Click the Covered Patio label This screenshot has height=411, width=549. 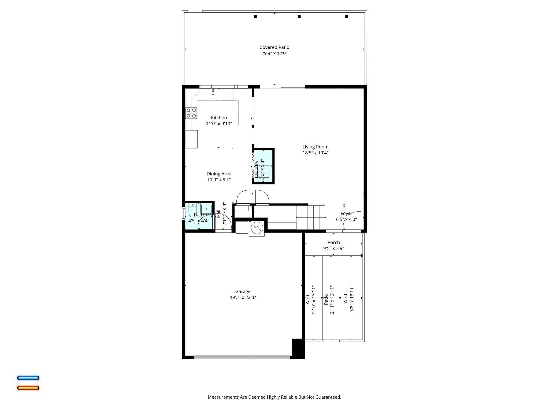click(x=274, y=47)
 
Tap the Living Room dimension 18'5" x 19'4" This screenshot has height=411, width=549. click(x=315, y=153)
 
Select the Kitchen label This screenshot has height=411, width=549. click(x=219, y=118)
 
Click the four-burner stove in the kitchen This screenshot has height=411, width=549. click(x=191, y=113)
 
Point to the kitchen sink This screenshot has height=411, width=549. click(x=213, y=94)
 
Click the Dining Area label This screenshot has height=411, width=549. click(x=219, y=174)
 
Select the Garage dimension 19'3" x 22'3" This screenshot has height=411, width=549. click(x=243, y=297)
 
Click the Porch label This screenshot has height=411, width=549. click(x=333, y=242)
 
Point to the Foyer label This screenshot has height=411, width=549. click(x=346, y=214)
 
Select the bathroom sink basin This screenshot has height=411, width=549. click(x=206, y=209)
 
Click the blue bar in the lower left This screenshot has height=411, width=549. click(x=28, y=378)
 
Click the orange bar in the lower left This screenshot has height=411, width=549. click(x=28, y=388)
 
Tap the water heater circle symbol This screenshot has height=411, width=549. click(x=257, y=228)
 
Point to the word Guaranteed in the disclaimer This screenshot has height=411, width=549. click(x=328, y=397)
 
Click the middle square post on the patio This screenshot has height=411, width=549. click(x=299, y=16)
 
